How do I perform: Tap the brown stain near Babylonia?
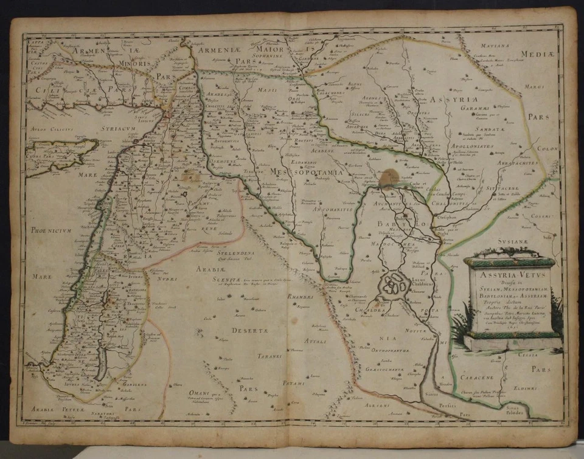[388, 178]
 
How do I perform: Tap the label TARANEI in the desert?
[268, 356]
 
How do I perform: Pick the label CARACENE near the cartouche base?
[493, 377]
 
